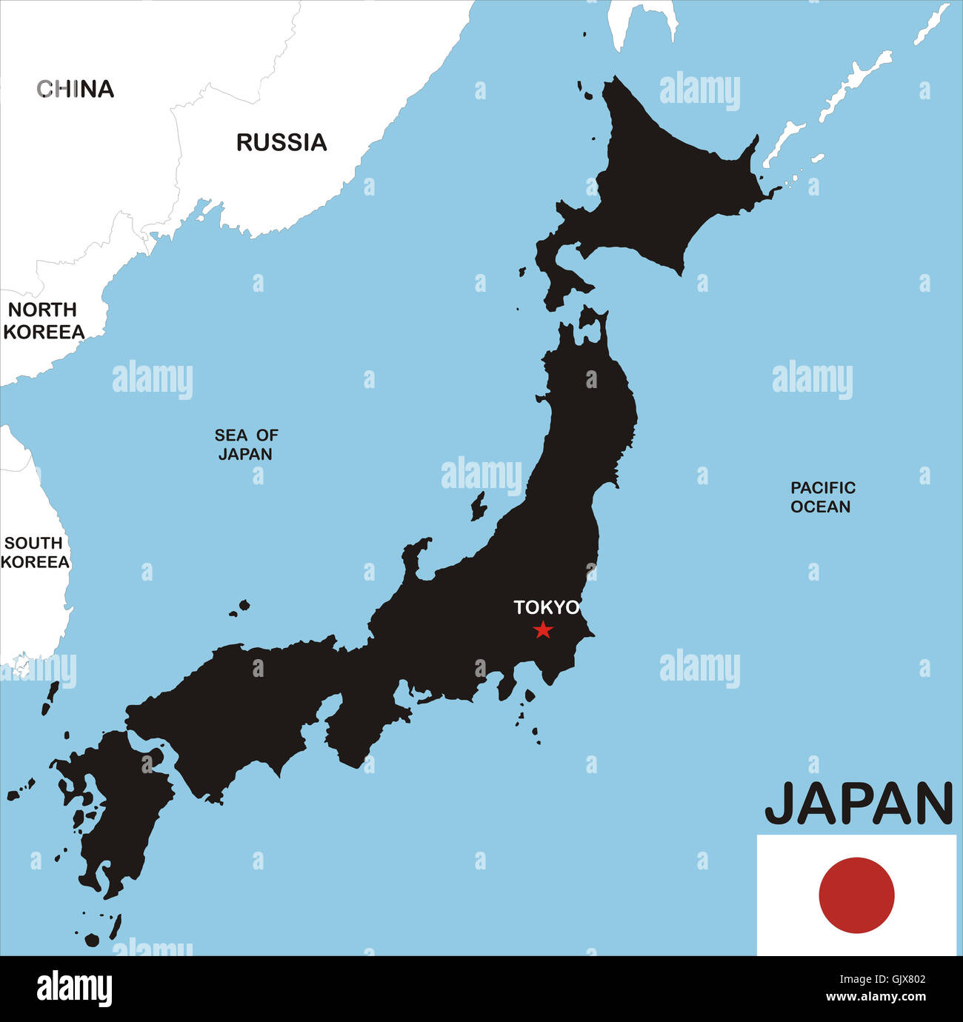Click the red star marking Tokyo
[543, 630]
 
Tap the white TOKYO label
[547, 607]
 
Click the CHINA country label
[76, 89]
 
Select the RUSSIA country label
[281, 142]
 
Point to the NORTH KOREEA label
[43, 321]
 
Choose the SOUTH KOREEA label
[34, 552]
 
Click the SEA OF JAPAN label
[246, 444]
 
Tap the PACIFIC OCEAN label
[822, 497]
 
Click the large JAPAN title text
[859, 804]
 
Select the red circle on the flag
[856, 895]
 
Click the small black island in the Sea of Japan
[479, 507]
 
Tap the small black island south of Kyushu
[92, 940]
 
